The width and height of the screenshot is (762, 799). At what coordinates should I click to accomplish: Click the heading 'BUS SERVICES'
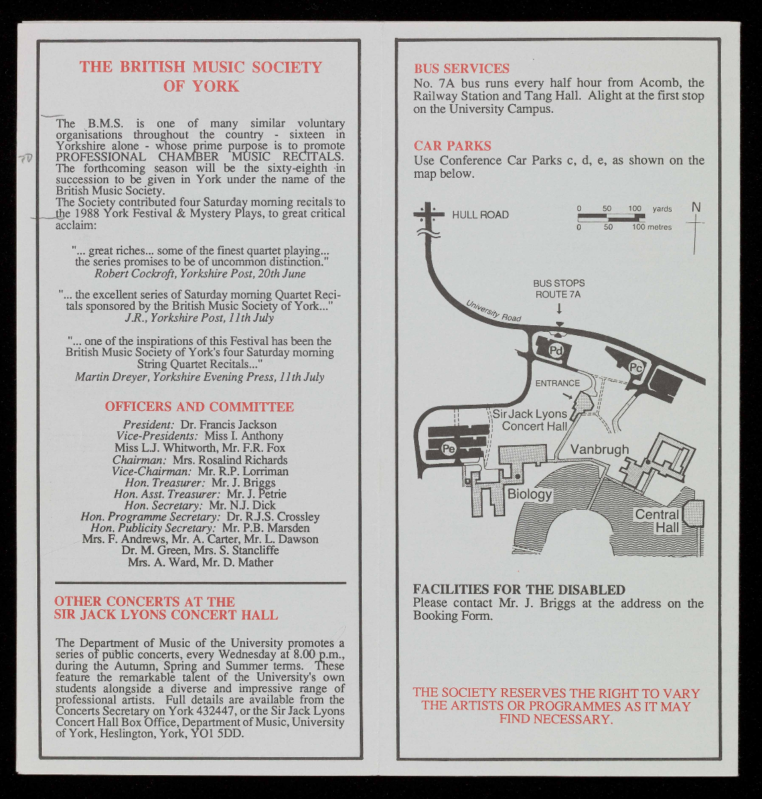(461, 68)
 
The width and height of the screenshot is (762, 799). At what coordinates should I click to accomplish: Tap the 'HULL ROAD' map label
(480, 215)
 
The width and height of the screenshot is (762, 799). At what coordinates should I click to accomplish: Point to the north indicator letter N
(696, 208)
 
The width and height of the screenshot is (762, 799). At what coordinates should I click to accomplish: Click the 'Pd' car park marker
(556, 350)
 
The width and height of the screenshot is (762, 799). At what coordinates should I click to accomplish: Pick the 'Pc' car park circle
(635, 367)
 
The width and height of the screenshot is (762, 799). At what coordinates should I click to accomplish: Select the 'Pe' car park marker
(449, 449)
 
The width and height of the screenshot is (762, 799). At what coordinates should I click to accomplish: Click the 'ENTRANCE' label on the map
(558, 383)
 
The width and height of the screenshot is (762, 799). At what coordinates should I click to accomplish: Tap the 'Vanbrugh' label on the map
(599, 449)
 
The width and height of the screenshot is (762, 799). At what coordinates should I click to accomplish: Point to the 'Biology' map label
(530, 494)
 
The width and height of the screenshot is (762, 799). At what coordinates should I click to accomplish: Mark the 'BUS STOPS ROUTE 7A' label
(559, 289)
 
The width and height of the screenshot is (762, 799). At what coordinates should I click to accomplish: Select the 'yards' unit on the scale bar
(662, 209)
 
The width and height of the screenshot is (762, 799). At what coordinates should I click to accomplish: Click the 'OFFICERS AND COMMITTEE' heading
(199, 407)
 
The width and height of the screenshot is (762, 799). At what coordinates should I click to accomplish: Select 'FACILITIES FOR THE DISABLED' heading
(518, 590)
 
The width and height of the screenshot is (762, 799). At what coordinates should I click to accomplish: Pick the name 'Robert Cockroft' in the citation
(133, 273)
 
